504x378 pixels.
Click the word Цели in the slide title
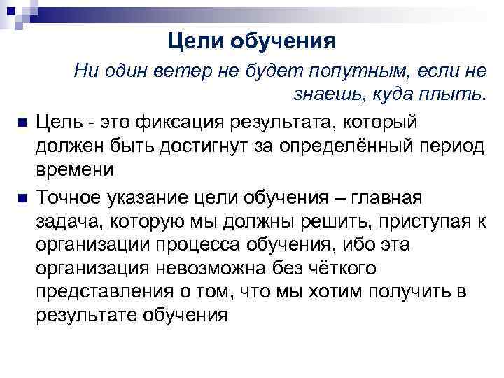pos(194,42)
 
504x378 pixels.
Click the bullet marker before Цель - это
pos(22,123)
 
